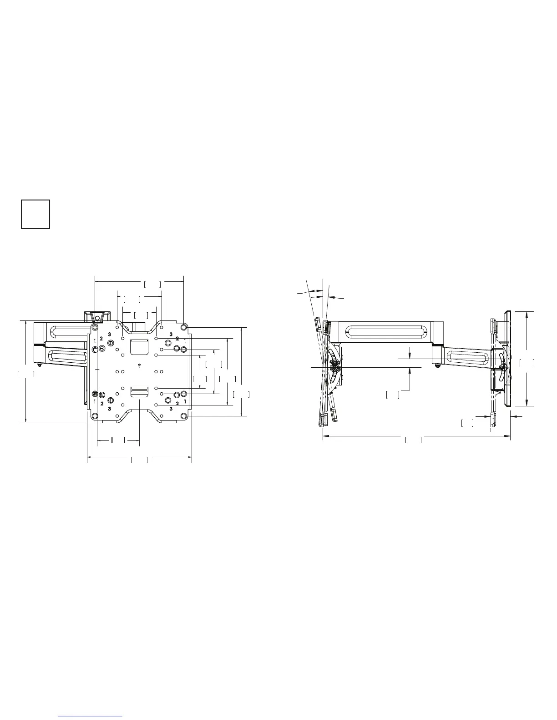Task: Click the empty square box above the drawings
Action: (x=35, y=214)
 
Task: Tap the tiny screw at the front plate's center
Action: (x=139, y=365)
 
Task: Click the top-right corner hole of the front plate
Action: (x=183, y=327)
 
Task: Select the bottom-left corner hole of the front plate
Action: (x=95, y=416)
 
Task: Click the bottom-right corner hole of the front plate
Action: (x=183, y=416)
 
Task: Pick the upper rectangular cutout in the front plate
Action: (x=139, y=346)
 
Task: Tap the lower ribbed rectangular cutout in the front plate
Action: (x=139, y=392)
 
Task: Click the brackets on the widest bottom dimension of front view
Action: (x=139, y=460)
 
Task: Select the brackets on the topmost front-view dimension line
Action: (x=152, y=284)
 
